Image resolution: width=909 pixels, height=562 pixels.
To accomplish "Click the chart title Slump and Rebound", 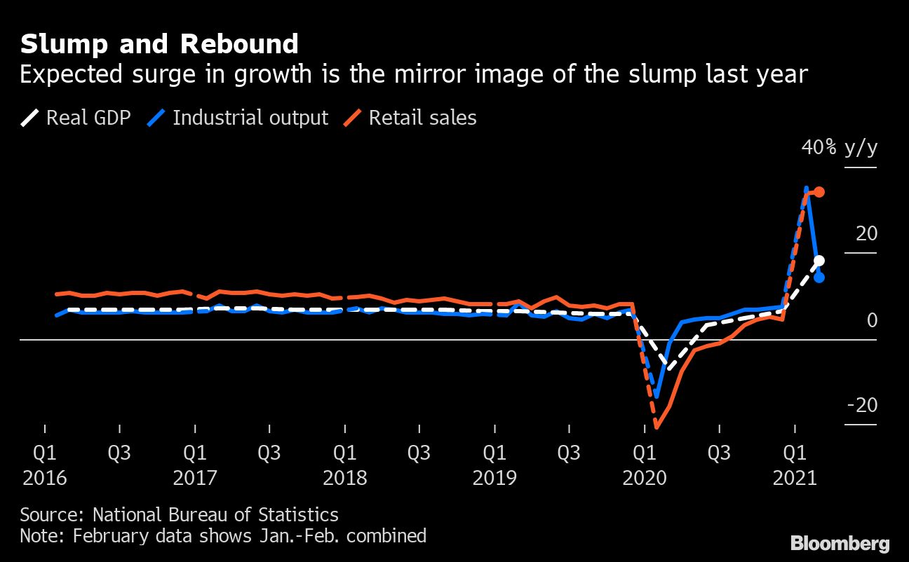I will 159,44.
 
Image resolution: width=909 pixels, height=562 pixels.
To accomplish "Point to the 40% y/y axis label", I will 840,148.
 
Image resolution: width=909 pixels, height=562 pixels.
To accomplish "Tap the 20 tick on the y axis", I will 866,233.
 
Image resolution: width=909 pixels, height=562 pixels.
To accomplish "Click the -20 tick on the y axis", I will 862,406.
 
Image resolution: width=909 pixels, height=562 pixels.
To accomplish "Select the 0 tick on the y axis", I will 872,320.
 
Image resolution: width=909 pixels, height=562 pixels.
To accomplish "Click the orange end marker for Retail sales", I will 819,192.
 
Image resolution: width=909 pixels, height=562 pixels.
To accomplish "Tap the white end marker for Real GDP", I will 819,261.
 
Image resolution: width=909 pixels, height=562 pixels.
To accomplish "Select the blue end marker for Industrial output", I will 819,277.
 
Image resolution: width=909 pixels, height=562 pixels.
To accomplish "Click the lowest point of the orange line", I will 657,426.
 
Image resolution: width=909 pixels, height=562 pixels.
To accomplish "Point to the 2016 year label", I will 45,478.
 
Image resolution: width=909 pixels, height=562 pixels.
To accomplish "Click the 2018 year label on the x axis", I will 344,478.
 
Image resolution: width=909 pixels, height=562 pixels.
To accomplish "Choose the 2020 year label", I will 645,478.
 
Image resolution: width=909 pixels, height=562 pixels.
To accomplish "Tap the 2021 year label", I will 795,478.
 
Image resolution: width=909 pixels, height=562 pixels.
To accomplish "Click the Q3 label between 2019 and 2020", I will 569,453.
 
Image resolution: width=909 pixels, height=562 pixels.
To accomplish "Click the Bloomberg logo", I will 840,542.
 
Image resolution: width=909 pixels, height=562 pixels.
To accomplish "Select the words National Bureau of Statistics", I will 215,515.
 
